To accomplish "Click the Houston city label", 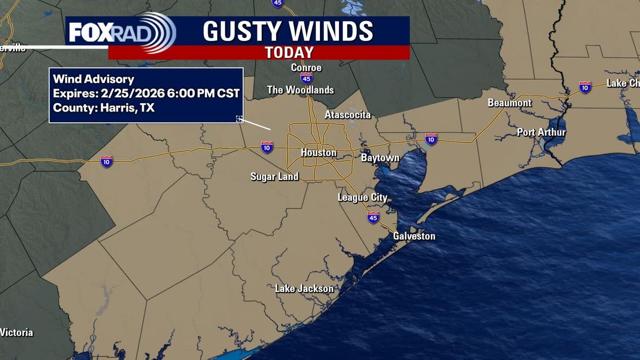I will pos(318,153).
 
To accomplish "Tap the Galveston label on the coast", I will pos(414,236).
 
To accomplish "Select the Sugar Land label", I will pos(275,177).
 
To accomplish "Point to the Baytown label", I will pos(380,158).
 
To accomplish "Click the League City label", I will pos(362,198).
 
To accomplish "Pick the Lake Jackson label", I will pos(304,289).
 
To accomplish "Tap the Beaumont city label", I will pos(510,103).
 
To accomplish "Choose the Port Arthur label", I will pos(541,132).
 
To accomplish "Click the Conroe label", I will pos(306,68).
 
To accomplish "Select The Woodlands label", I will pos(301,90).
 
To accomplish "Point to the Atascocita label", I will pos(348,115).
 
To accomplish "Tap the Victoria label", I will pos(17,332).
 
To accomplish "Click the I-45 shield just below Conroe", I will pos(306,78).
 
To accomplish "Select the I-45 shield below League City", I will pos(373,217).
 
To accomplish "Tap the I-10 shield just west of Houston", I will pos(267,147).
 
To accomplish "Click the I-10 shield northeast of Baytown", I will pos(431,139).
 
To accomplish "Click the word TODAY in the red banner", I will pos(289,52).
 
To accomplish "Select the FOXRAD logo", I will pos(122,32).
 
